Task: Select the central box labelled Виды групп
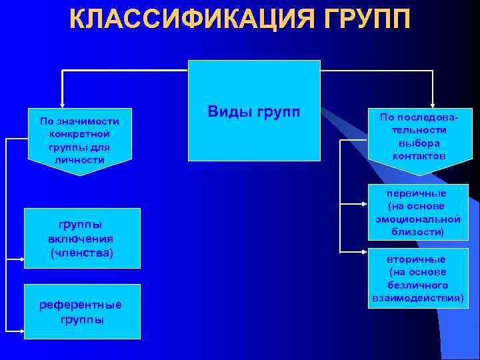[x=254, y=111]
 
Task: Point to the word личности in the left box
[x=80, y=160]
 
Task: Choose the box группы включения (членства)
[x=82, y=238]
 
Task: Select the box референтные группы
[x=82, y=311]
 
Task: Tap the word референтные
[x=81, y=305]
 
